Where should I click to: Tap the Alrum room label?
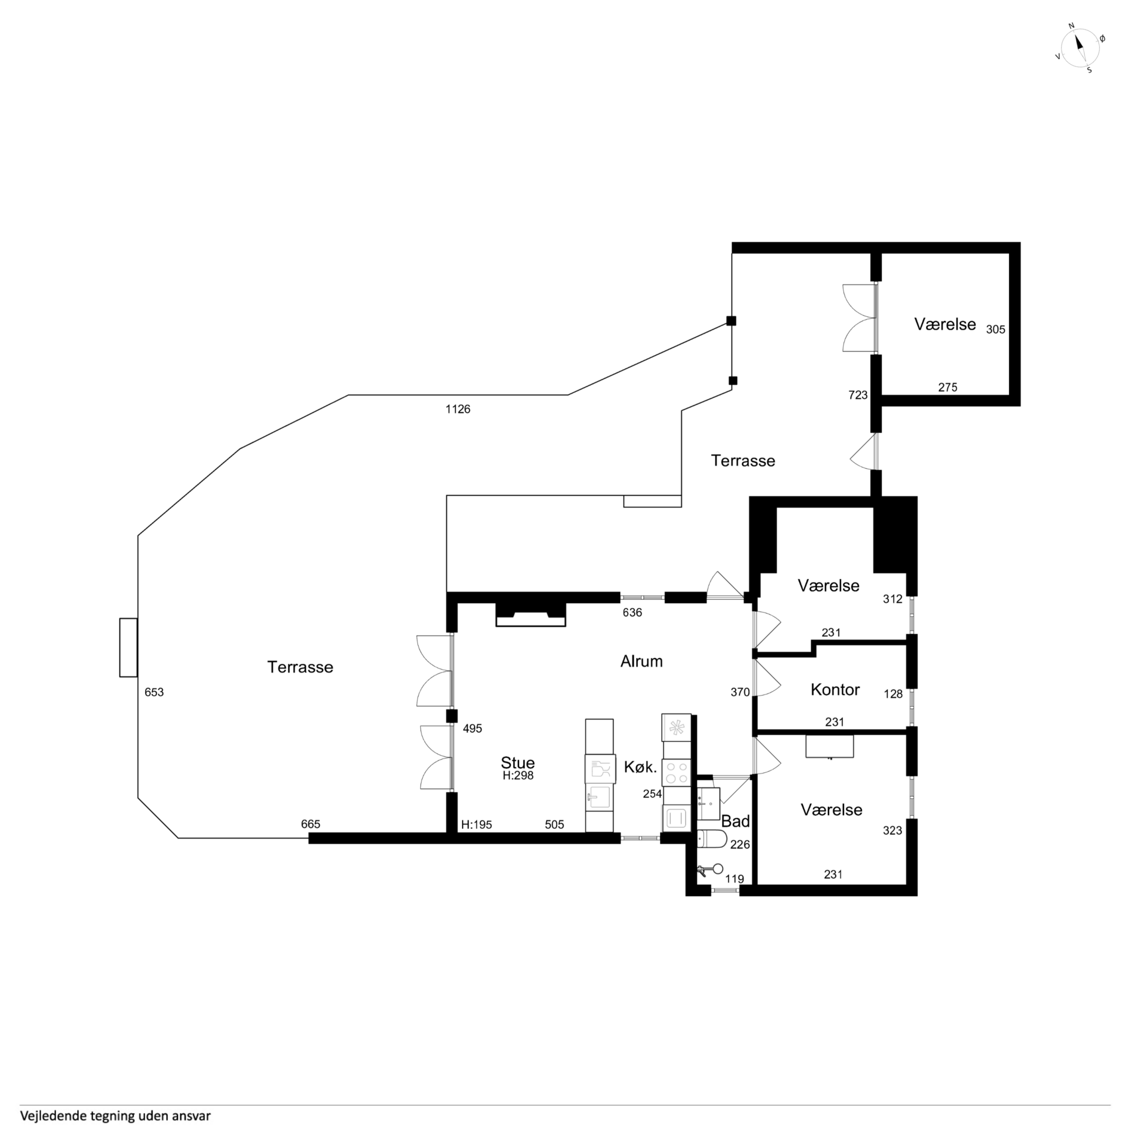tap(641, 661)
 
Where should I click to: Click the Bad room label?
tap(735, 821)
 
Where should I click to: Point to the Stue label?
tap(517, 762)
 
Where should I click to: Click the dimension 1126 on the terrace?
tap(458, 409)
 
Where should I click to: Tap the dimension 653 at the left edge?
tap(154, 692)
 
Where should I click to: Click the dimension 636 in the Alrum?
tap(632, 612)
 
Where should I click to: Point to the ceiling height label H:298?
tap(518, 775)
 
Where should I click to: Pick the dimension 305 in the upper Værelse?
tap(996, 330)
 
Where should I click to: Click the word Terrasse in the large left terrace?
tap(300, 667)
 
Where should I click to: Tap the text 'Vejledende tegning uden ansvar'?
tap(116, 1116)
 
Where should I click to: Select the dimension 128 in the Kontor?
tap(893, 695)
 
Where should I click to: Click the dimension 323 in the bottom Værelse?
tap(892, 831)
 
